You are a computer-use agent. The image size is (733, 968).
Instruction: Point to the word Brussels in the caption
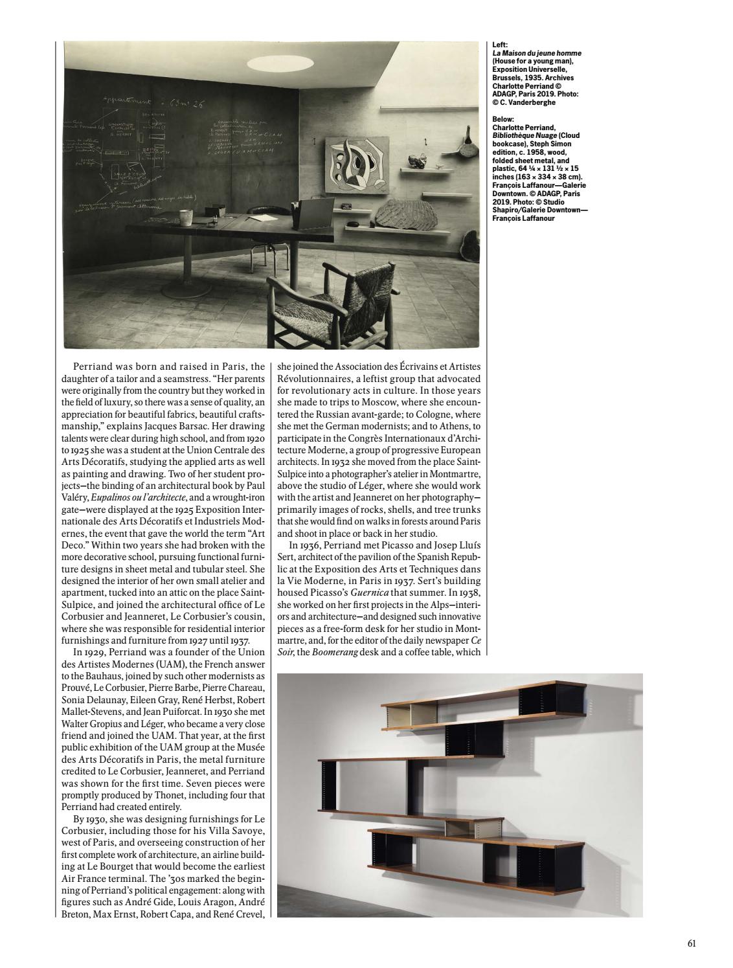[x=508, y=78]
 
